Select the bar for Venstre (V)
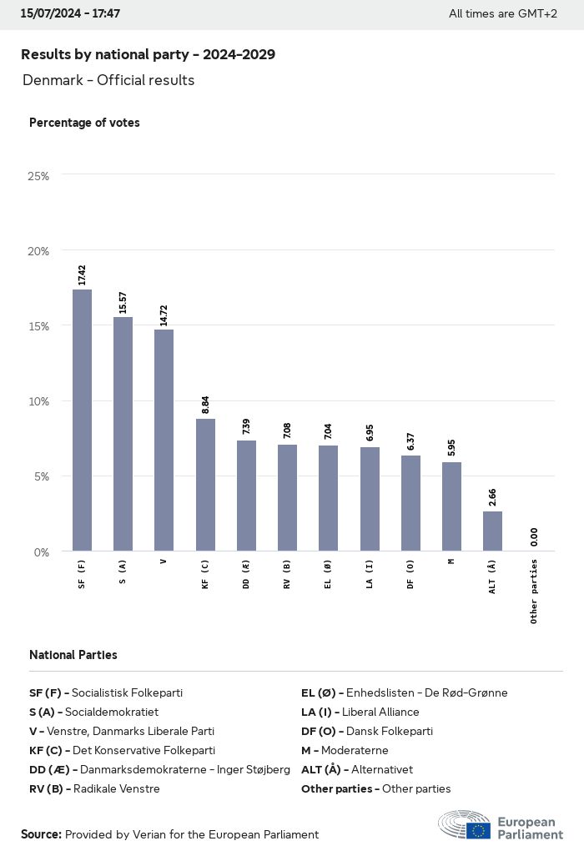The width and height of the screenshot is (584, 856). coord(164,440)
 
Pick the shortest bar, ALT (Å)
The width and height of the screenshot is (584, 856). coord(492,531)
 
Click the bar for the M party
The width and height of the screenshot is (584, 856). coord(451,506)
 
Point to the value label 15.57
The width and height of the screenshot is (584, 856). coord(123,302)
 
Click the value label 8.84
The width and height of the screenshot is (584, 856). coord(205,404)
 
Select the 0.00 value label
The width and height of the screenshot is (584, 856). coord(534,536)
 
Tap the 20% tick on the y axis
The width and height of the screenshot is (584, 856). coord(38,251)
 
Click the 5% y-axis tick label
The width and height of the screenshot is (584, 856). coord(41,476)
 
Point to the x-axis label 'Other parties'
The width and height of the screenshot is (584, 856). coord(534,592)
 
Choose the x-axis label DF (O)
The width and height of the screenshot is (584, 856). coord(410,575)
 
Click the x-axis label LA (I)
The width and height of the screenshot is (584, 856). coord(370,575)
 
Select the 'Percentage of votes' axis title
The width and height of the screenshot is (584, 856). coord(84,123)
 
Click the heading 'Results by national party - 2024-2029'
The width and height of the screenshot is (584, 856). coord(148,54)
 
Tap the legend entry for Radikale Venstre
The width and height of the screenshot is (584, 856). coord(94,788)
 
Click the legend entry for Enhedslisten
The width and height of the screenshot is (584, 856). coord(404,692)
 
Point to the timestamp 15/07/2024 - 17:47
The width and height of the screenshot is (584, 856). coord(70,13)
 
